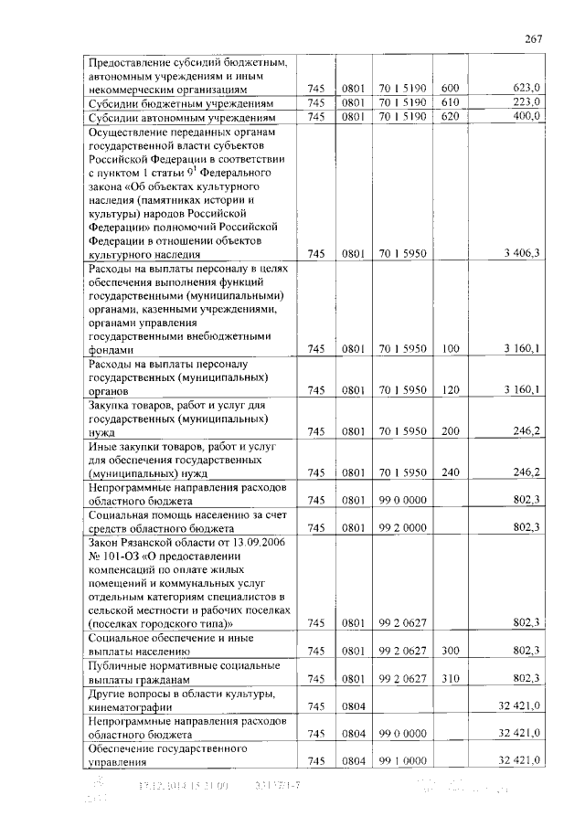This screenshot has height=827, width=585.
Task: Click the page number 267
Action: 534,37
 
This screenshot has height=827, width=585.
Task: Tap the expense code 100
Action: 449,349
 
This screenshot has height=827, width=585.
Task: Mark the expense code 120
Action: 449,390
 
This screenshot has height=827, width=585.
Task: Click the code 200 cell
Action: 449,431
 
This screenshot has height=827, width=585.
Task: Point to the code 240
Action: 449,472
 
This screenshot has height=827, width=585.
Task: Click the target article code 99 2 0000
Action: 402,527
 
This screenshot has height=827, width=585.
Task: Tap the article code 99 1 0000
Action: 402,760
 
